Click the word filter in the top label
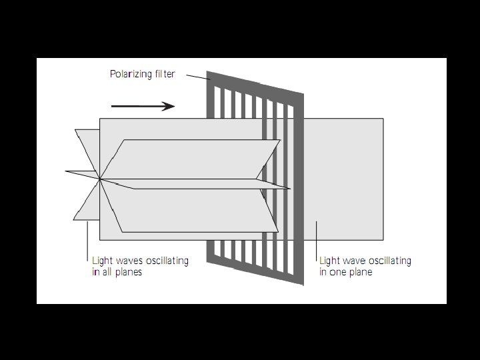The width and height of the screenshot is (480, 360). click(162, 74)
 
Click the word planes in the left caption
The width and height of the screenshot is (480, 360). click(127, 272)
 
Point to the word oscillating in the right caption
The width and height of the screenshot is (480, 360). click(390, 261)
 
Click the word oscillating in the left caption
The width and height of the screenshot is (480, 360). click(167, 261)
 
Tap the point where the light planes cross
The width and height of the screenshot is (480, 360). click(100, 178)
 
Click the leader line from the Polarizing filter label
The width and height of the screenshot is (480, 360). click(197, 78)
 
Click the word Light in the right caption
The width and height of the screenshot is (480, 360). click(329, 261)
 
